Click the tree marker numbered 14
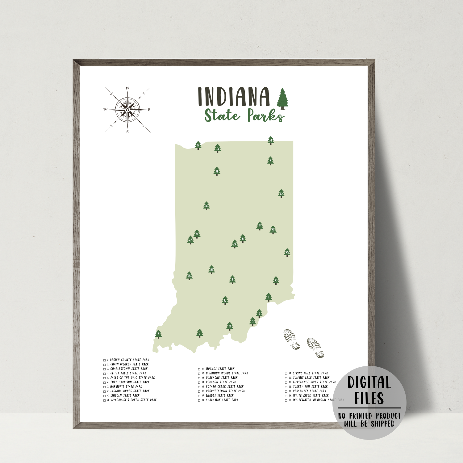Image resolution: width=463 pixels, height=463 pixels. pos(271,140)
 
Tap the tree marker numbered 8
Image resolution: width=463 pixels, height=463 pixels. pos(198,145)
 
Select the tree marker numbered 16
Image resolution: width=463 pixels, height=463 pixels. pos(206,206)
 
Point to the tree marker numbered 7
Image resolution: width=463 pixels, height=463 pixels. pos(158,334)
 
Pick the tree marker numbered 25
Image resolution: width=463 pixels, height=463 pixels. pos(287,252)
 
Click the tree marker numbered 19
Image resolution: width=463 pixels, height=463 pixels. pos(225,300)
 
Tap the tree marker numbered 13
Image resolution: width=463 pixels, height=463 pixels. pos(281,194)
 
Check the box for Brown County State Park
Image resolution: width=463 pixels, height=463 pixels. pos(105,360)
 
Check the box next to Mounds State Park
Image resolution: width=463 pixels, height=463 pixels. pos(199,369)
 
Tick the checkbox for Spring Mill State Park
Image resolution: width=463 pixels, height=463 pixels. pos(286,373)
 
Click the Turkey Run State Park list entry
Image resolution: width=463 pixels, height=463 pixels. pos(310,386)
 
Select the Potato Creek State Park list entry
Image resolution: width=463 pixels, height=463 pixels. pos(225,386)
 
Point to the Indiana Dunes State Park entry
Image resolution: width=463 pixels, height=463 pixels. pos(130,391)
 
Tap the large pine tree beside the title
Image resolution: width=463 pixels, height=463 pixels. pos(282,99)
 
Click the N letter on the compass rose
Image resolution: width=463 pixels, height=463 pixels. pos(127,88)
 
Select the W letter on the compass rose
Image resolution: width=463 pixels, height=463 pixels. pos(105,110)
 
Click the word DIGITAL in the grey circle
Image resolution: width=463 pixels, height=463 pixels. pos(369,382)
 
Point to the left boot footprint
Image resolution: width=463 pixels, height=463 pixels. pos(291,339)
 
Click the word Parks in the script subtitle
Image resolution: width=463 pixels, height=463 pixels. pos(265,115)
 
